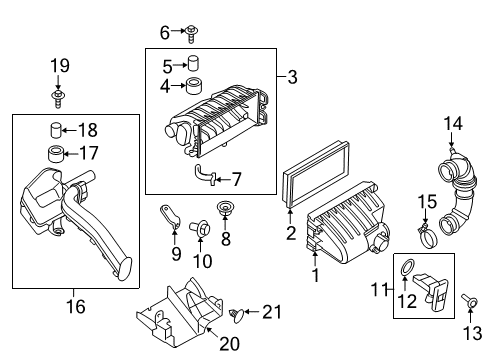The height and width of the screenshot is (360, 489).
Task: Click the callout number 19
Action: click(x=60, y=67)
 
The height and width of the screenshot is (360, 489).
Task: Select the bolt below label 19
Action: click(x=60, y=98)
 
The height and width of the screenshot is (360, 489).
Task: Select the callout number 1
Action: click(x=317, y=275)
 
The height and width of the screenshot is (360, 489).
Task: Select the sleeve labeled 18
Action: click(x=57, y=129)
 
